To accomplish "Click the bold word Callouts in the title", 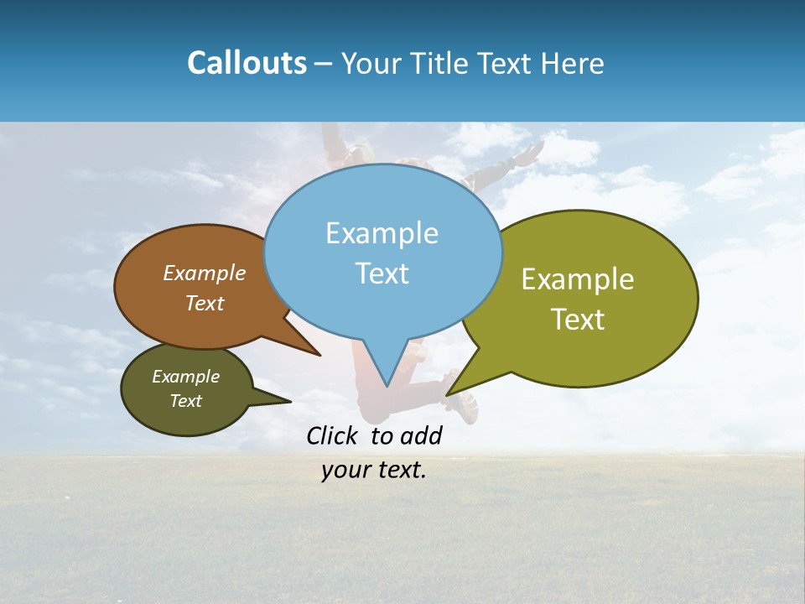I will pos(247,63).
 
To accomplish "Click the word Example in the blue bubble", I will pos(382,233).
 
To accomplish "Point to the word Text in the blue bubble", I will pos(382,273).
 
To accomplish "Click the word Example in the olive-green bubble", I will pos(578,279).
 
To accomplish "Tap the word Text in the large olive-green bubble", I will pos(578,320).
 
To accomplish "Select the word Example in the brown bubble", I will pos(205,273).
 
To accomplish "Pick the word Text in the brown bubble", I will pos(205,304).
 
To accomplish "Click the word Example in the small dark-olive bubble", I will pos(186,377).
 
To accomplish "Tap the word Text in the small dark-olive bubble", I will pos(186,401).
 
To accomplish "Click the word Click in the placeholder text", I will pos(333,435).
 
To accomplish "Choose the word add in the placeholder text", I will pos(421,435).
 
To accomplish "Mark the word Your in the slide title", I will pos(370,63).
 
